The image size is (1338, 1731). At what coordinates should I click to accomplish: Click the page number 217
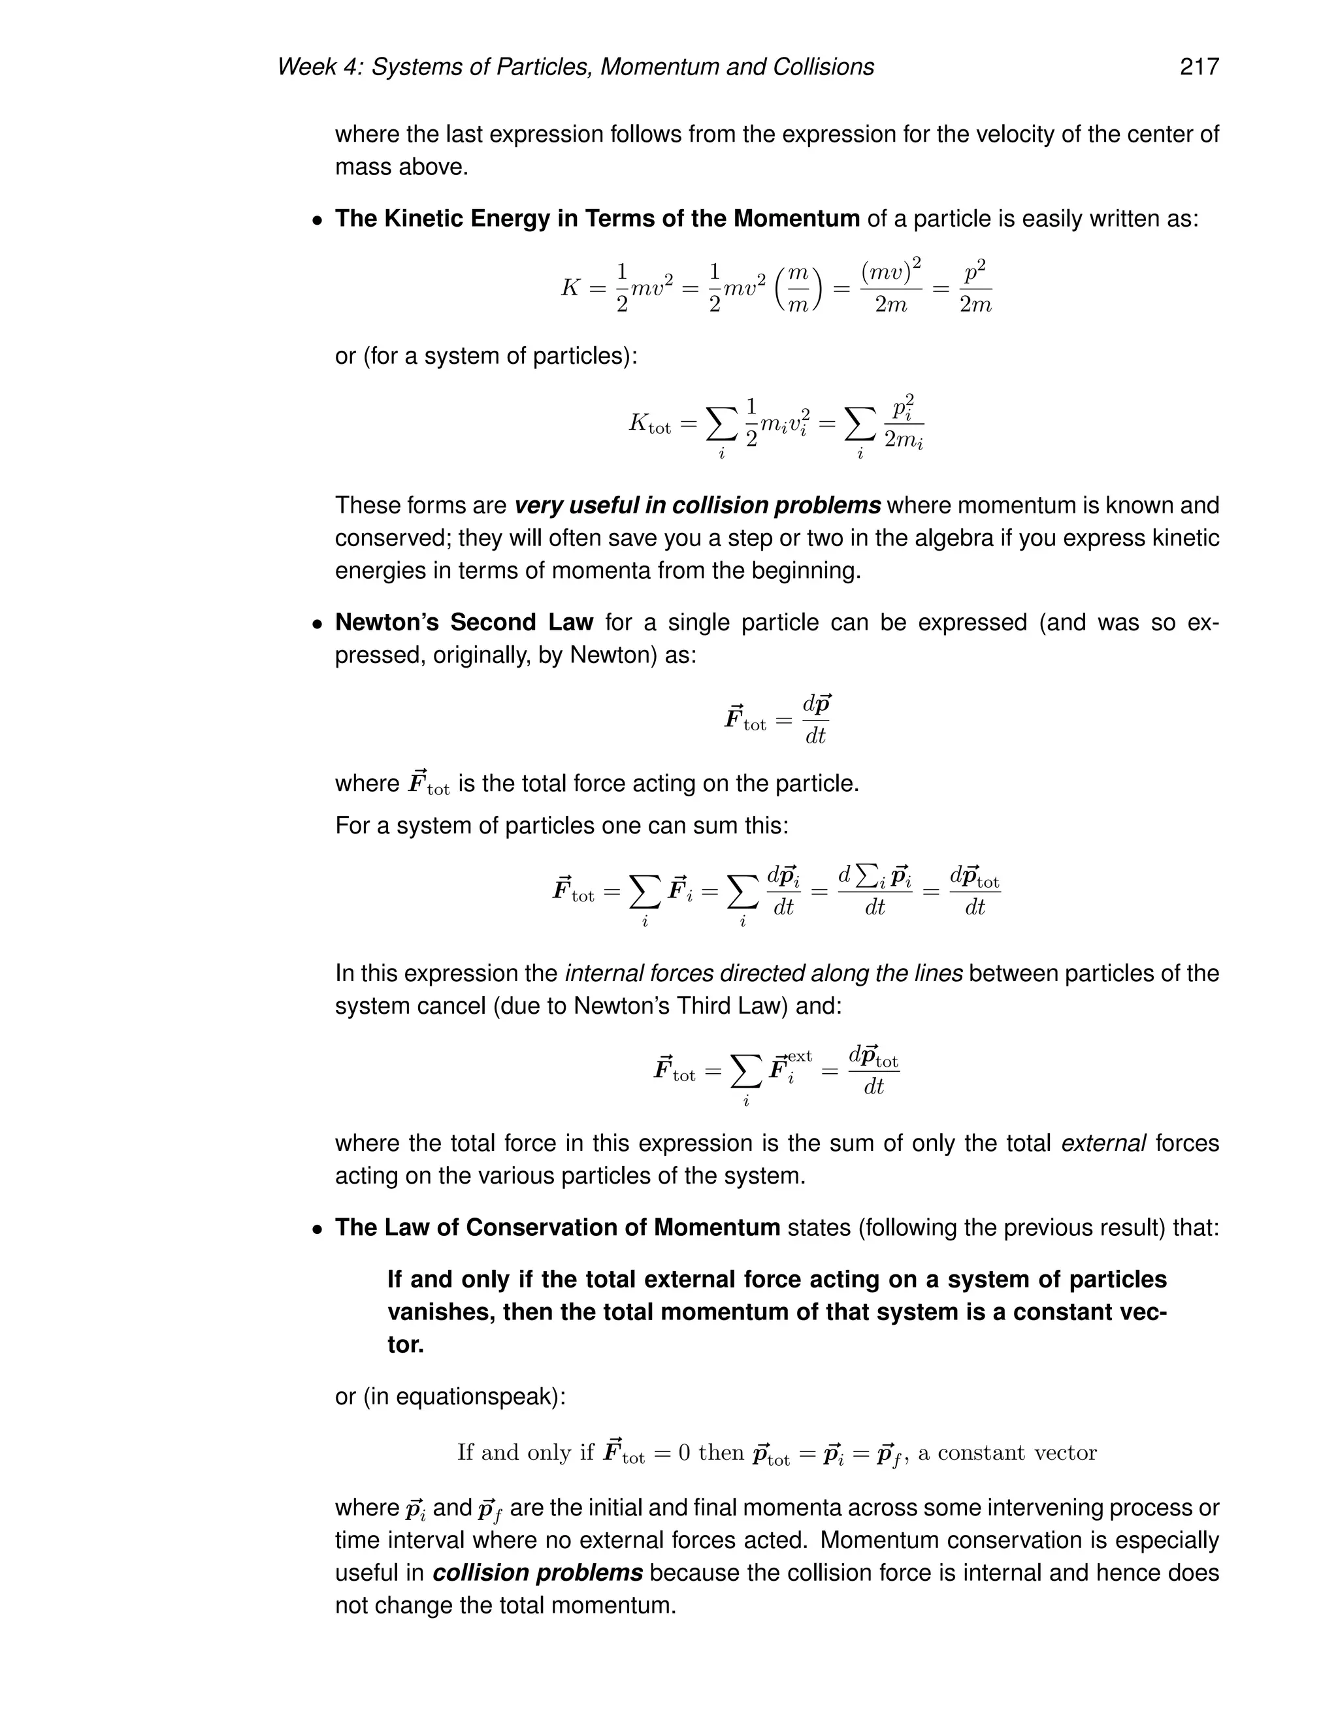coord(1198,67)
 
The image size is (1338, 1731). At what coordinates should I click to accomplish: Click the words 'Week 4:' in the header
coord(320,67)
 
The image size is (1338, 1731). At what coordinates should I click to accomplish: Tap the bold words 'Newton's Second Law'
coord(464,622)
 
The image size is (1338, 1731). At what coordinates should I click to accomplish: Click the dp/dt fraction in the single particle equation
coord(815,720)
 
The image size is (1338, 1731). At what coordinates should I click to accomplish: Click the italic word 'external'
coord(1103,1143)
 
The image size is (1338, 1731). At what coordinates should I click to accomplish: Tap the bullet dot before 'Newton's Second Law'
coord(317,624)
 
